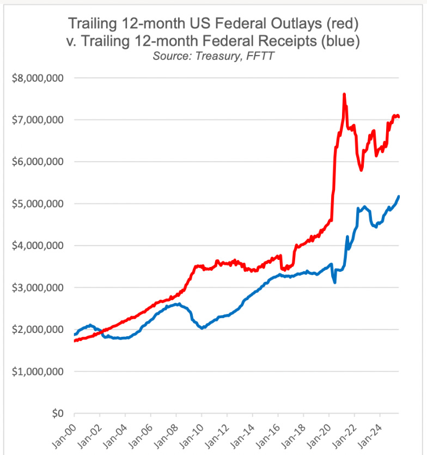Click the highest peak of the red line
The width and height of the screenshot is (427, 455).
pyautogui.click(x=344, y=95)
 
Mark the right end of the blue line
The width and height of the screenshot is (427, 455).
pyautogui.click(x=399, y=197)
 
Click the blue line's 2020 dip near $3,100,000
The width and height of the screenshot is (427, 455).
pyautogui.click(x=334, y=282)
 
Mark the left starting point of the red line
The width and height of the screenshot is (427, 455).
pyautogui.click(x=75, y=341)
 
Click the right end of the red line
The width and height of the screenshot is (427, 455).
pyautogui.click(x=399, y=116)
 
